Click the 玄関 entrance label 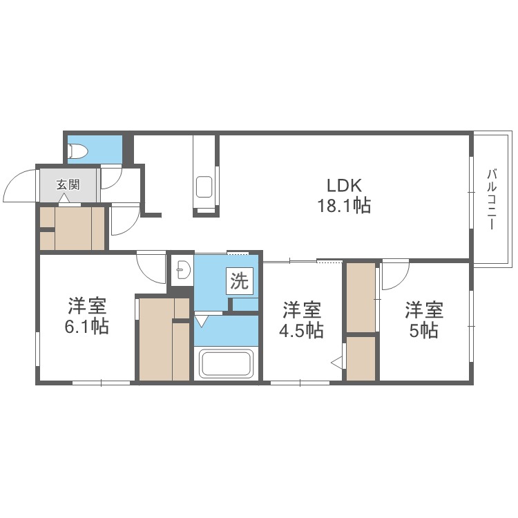pos(68,184)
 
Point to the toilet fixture pos(77,150)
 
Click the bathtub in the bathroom pos(226,363)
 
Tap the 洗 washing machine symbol pos(239,281)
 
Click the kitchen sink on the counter pos(204,186)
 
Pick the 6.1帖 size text pos(86,327)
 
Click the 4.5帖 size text pos(301,330)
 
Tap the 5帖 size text pos(423,330)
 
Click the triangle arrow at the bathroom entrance pos(202,320)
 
